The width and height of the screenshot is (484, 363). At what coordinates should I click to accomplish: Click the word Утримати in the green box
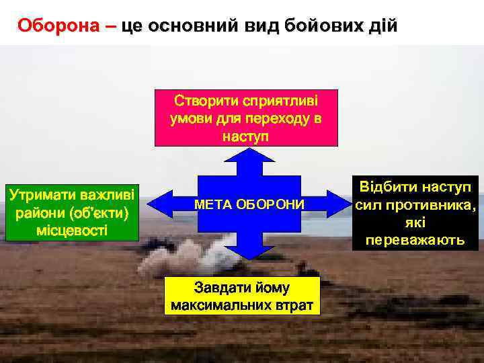click(x=42, y=195)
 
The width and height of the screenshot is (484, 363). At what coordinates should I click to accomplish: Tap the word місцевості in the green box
click(x=71, y=230)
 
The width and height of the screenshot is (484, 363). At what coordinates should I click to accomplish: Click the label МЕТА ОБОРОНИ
click(x=249, y=204)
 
